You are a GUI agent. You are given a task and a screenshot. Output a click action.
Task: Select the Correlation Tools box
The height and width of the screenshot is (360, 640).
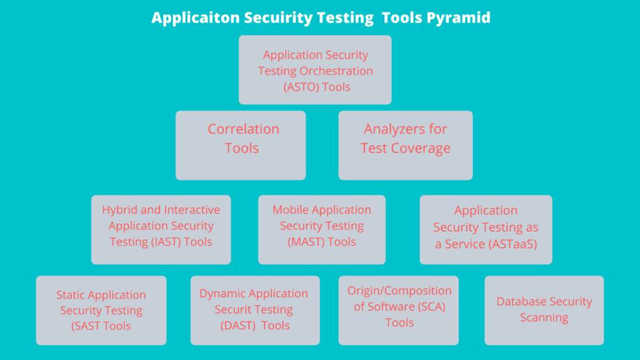coord(241,145)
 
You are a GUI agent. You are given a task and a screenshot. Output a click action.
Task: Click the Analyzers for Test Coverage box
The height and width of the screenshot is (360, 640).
coord(406,145)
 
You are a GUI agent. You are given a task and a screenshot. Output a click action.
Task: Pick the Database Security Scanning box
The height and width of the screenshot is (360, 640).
coord(544,310)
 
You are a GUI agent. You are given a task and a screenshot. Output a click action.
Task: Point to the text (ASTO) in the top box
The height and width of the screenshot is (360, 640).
coord(301,87)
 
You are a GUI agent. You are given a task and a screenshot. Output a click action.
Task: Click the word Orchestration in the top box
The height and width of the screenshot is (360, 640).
coord(336,71)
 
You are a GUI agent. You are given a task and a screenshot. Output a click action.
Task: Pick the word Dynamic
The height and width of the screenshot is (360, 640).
coord(219,294)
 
